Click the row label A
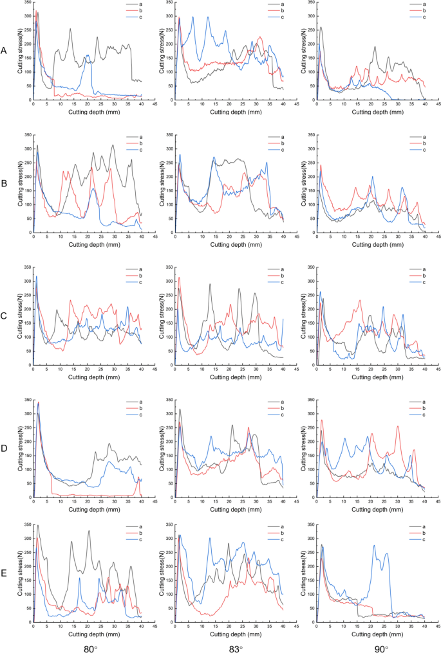click(5, 50)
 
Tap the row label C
click(5, 317)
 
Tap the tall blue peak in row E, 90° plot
click(375, 546)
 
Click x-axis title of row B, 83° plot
click(229, 244)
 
